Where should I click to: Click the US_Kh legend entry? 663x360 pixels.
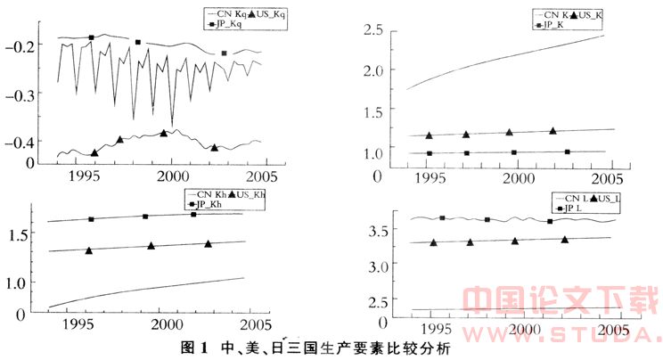point(249,194)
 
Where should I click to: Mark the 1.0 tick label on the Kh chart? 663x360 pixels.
point(20,283)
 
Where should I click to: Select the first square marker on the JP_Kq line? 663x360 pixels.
point(92,37)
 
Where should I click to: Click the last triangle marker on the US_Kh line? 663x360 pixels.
point(209,243)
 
